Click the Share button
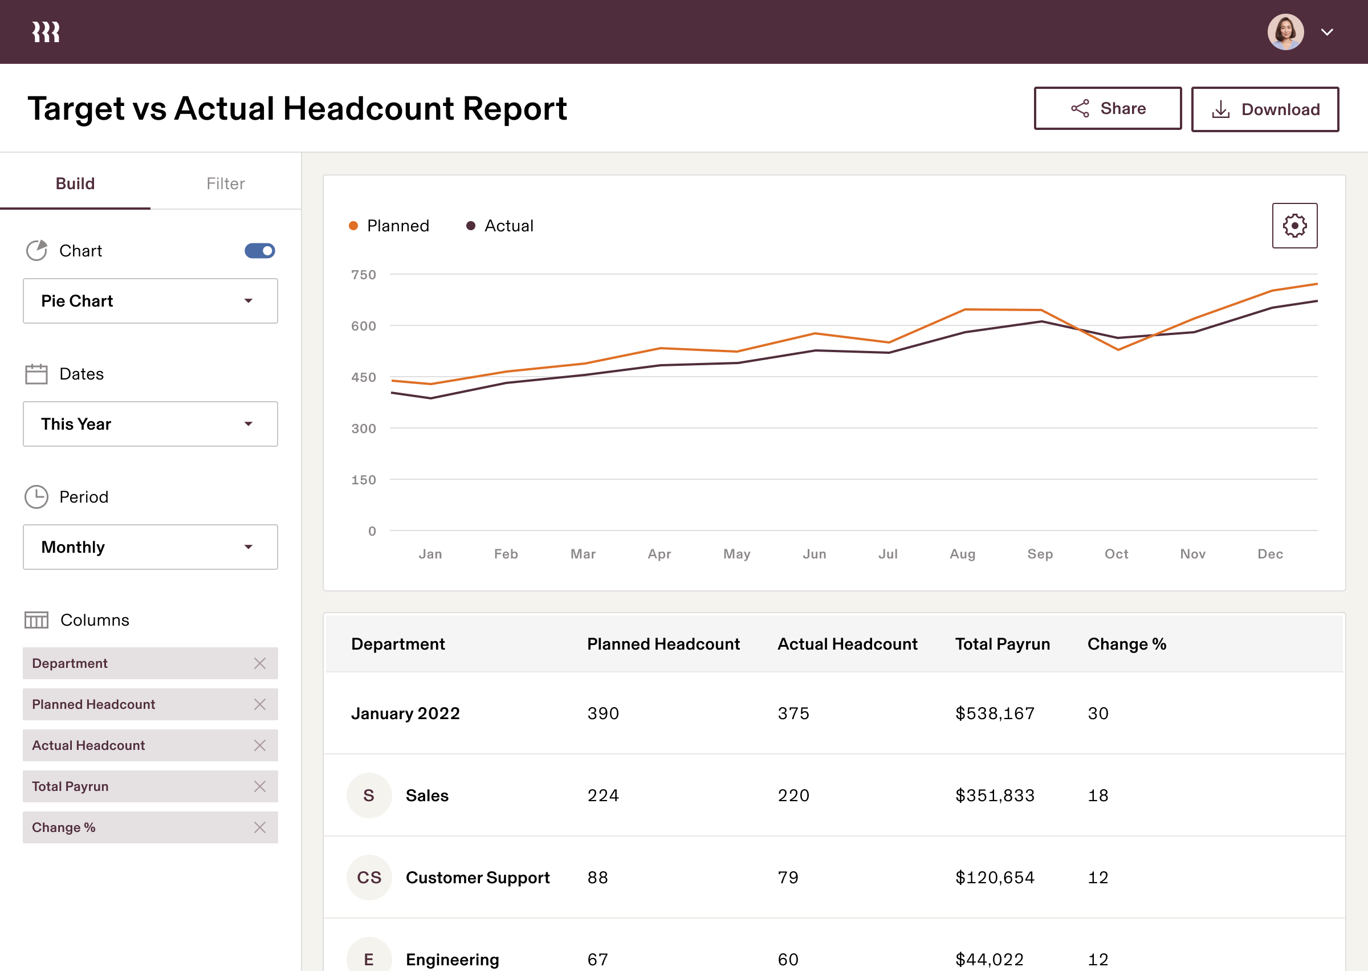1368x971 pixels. click(x=1108, y=108)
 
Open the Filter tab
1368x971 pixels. click(x=225, y=183)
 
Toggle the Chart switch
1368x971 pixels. click(x=259, y=251)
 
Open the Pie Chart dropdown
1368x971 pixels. click(x=150, y=301)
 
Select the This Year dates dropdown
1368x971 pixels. click(x=150, y=424)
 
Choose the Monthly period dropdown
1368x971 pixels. click(x=150, y=547)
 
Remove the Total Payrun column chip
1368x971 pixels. click(x=259, y=786)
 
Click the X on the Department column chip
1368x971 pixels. click(x=259, y=663)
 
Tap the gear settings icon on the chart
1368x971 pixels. click(x=1294, y=226)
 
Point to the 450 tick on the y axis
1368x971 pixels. click(x=364, y=377)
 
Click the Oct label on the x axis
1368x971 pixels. click(x=1116, y=554)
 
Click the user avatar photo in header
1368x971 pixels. click(x=1285, y=32)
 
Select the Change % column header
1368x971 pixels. click(x=1126, y=644)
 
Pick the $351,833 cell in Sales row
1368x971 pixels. click(x=994, y=795)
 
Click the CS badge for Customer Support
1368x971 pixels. click(x=369, y=877)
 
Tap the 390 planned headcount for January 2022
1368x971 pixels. click(x=602, y=713)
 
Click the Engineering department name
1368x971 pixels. click(x=452, y=959)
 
